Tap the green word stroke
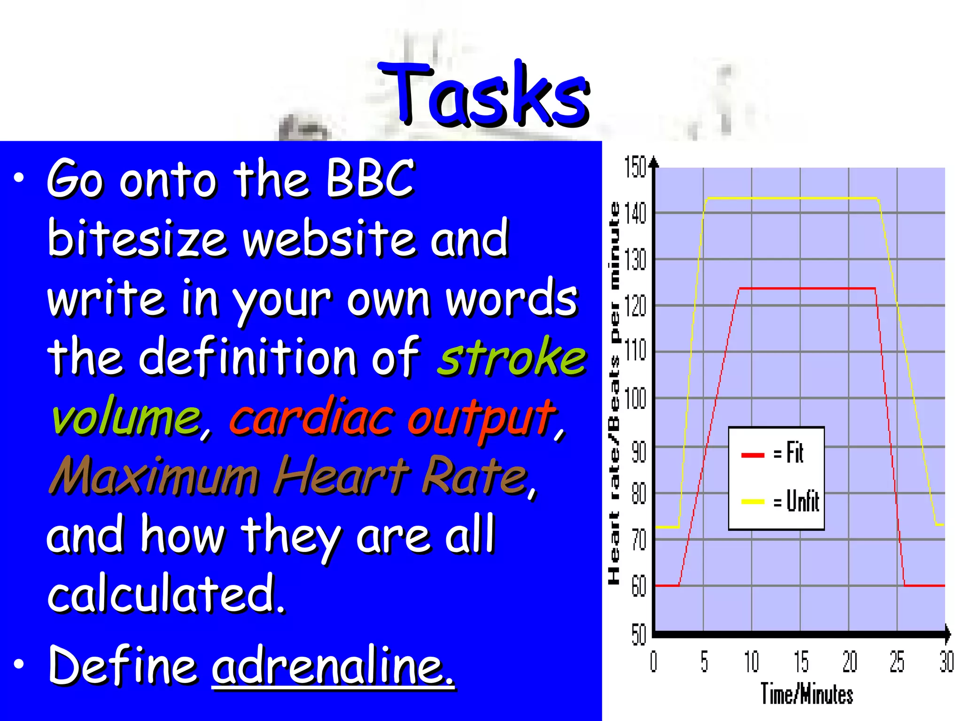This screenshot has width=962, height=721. [x=512, y=358]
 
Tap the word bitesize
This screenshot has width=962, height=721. [x=137, y=238]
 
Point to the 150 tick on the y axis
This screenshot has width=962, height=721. [x=636, y=168]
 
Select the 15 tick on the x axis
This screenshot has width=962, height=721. [x=800, y=662]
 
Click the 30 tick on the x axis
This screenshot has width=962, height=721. [x=946, y=662]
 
